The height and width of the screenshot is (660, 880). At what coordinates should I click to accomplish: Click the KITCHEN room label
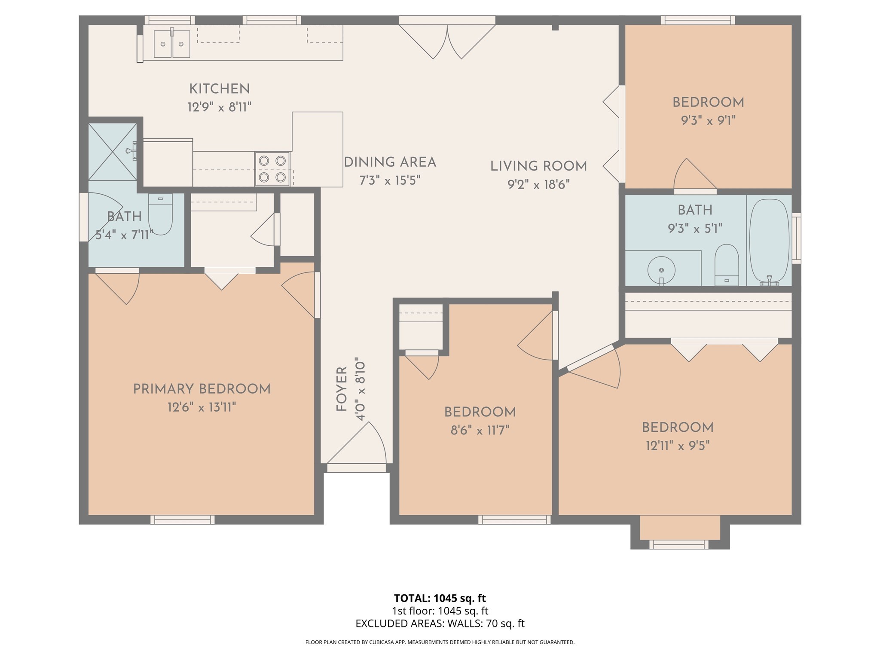point(219,89)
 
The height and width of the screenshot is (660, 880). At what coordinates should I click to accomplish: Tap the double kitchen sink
point(172,44)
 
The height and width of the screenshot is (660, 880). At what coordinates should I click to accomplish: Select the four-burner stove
point(272,169)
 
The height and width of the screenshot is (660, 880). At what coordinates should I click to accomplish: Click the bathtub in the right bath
point(770,241)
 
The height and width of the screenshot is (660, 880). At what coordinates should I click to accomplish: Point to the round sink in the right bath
point(661,270)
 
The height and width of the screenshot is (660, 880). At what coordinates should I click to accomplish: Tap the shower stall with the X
point(113,152)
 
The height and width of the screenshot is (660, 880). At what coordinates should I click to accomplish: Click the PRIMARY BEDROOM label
point(202,389)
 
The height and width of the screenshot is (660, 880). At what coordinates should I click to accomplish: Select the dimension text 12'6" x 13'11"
point(202,407)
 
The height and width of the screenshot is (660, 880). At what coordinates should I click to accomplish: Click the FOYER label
point(342,389)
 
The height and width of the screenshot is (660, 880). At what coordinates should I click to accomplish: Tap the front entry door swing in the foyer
point(357,443)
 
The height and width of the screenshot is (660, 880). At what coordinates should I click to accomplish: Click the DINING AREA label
point(390,162)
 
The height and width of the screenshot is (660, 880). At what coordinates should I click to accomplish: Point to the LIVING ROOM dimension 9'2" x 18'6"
point(538,184)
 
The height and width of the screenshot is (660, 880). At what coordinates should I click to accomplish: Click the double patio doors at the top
point(447,39)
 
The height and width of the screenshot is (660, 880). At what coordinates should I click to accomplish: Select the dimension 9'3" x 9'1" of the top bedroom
point(708,120)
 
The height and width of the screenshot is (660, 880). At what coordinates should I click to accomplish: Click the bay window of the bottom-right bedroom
point(679,544)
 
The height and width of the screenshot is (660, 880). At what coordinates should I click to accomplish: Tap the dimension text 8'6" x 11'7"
point(480,430)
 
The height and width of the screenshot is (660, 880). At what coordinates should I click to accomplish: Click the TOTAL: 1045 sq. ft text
point(440,598)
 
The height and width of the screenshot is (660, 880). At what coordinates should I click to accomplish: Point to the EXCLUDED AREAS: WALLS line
point(440,623)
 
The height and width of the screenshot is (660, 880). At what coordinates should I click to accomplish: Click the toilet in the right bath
point(727,265)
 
